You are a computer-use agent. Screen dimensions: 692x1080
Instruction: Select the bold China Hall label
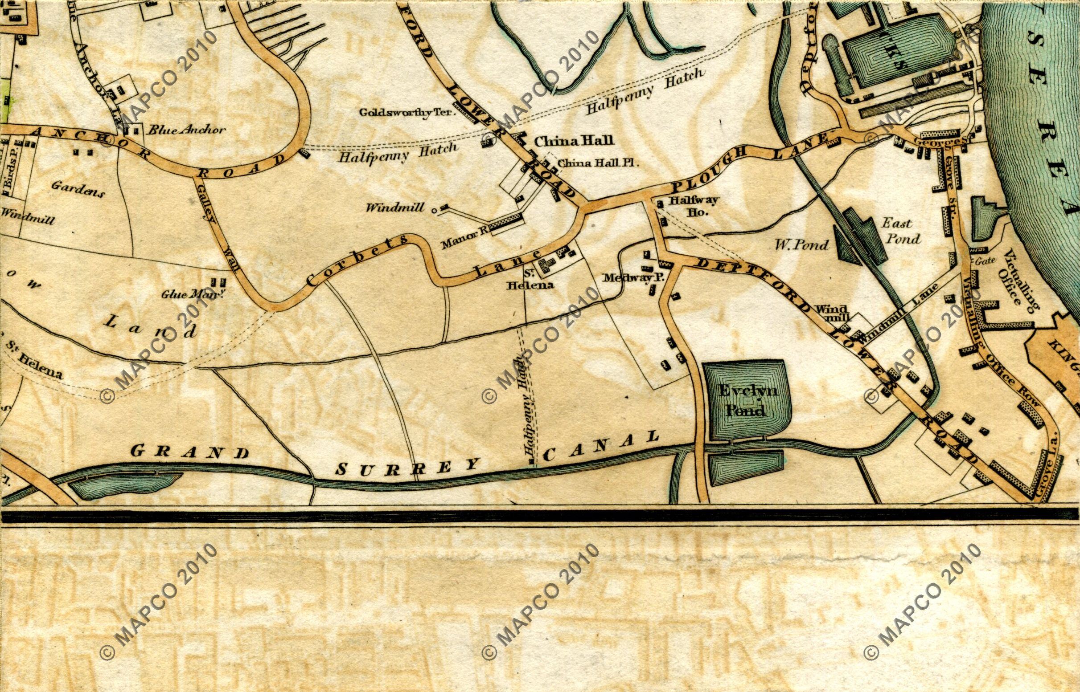coord(573,141)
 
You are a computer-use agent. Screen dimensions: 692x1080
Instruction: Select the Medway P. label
coord(628,278)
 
